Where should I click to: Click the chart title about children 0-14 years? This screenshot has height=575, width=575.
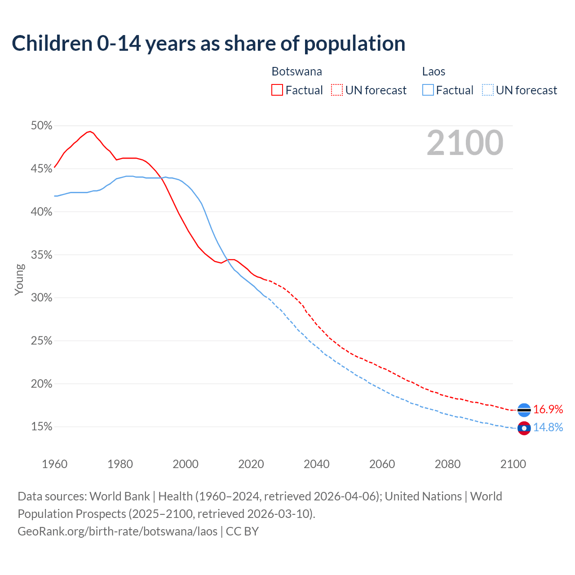[x=208, y=44]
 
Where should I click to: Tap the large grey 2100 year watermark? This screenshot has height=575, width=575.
[x=465, y=143]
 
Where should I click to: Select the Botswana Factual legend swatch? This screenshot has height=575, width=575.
[x=277, y=90]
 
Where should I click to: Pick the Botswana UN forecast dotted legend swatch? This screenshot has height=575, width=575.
[x=337, y=90]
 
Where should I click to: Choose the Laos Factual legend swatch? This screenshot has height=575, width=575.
[x=428, y=90]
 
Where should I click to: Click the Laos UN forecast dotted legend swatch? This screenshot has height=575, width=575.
[x=488, y=90]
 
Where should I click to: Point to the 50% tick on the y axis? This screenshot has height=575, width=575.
[x=42, y=126]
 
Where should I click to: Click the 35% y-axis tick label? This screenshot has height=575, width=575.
[x=42, y=255]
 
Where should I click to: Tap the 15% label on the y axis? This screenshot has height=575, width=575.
[x=42, y=427]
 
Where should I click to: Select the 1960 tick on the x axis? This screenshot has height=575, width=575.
[x=54, y=464]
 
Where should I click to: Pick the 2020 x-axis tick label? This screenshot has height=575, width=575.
[x=251, y=464]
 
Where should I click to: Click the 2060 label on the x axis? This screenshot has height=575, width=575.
[x=382, y=464]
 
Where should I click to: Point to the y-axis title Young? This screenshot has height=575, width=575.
[x=19, y=279]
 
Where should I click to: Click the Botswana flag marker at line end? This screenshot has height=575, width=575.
[x=524, y=410]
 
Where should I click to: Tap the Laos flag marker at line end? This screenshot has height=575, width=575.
[x=524, y=428]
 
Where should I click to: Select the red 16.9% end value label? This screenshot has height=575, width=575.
[x=548, y=409]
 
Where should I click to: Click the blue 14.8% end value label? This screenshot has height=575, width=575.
[x=548, y=427]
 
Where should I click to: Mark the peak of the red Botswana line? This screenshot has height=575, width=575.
[x=90, y=131]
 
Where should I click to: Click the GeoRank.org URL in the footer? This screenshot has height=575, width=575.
[x=118, y=531]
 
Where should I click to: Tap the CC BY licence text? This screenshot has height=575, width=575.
[x=242, y=531]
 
